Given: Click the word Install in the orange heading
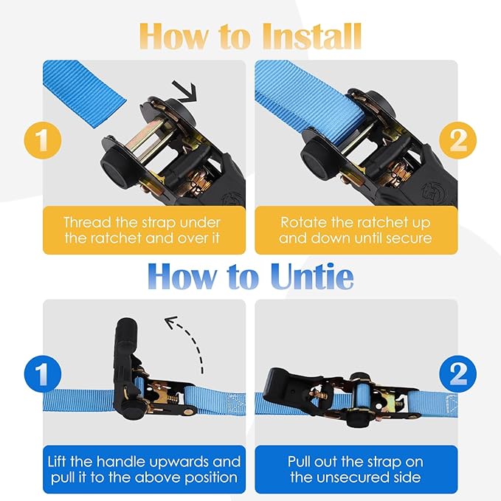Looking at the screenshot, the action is point(313,35).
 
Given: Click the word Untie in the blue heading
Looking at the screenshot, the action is point(312,276).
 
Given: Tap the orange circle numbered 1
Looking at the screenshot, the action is point(43,140).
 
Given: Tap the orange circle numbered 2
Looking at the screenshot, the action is point(457,140).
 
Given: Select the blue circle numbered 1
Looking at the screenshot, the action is point(43,374).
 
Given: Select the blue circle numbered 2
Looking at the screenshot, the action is point(457,374).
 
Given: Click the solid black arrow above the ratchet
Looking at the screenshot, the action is point(185,91).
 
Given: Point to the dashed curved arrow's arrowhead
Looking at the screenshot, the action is point(170,322).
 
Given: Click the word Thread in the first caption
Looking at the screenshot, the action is point(88,222).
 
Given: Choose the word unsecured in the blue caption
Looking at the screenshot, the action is point(383,477).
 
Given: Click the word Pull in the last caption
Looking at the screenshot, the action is point(298,462).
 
